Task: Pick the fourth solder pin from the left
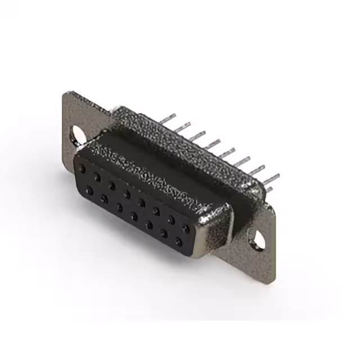coord(213,143)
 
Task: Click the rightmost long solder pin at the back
coord(271,179)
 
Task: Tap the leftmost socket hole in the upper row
coord(83,168)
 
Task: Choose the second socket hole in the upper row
coord(97,177)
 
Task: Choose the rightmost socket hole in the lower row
coord(178,242)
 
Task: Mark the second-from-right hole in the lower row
coord(164,233)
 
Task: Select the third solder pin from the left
coord(198,135)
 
